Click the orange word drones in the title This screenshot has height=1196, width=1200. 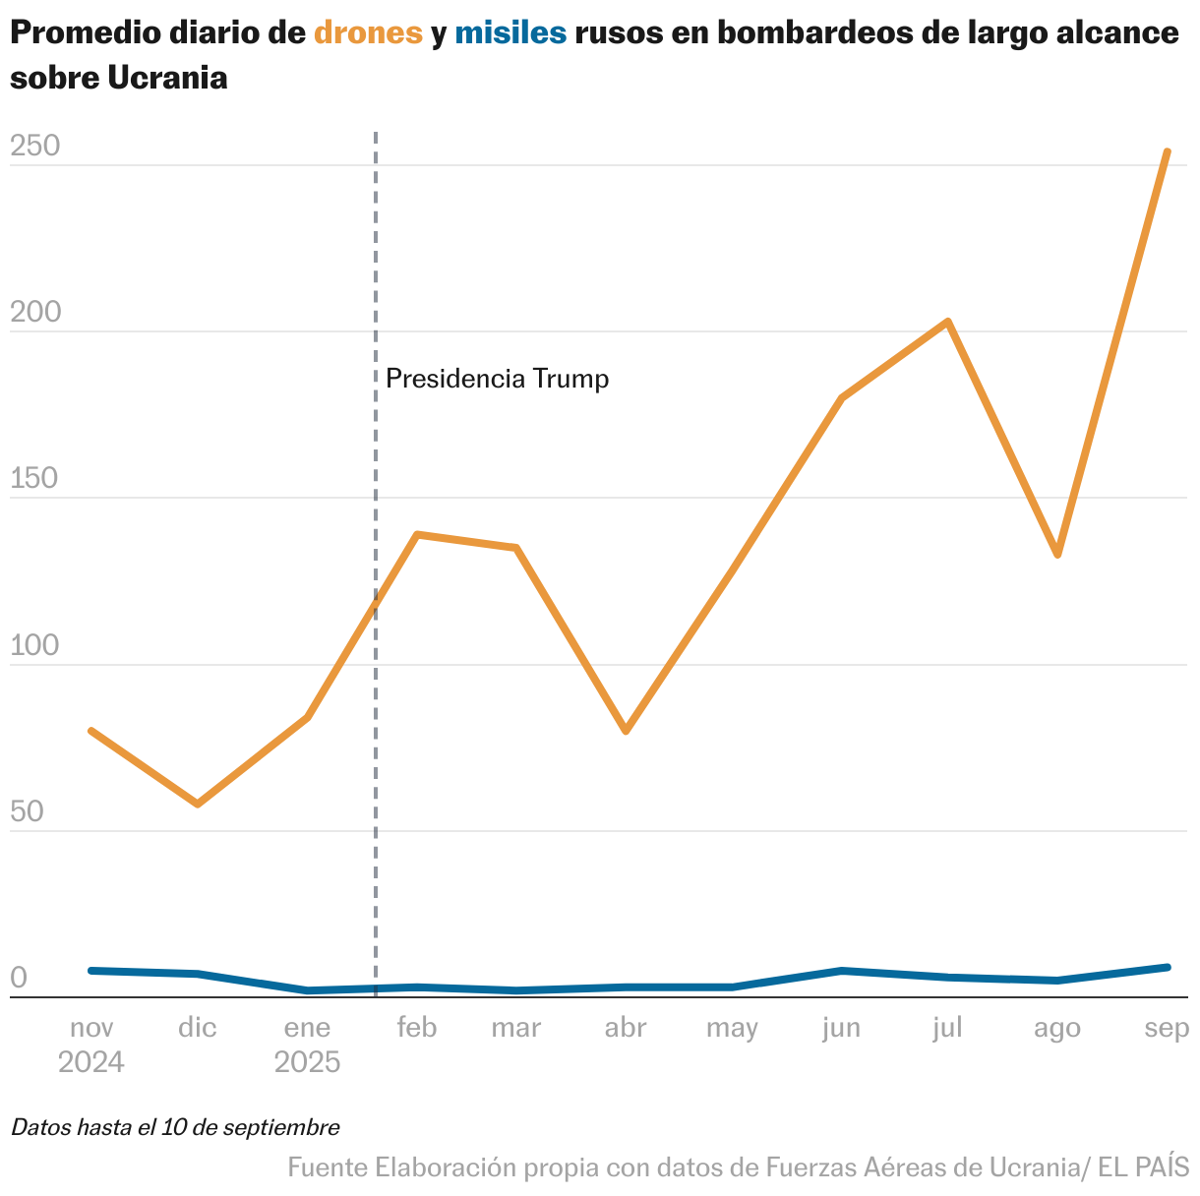[368, 33]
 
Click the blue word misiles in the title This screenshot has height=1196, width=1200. [510, 33]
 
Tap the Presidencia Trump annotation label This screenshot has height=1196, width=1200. [497, 379]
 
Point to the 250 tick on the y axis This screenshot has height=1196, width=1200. [35, 146]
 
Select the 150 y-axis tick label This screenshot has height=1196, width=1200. [35, 479]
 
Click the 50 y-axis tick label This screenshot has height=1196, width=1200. [28, 811]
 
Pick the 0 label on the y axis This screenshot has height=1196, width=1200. [19, 978]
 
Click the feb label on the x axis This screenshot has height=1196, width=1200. [416, 1028]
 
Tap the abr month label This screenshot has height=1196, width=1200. [626, 1028]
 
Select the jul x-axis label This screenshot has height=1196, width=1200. [947, 1028]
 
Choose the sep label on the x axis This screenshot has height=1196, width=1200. [1168, 1028]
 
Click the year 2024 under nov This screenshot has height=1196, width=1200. [91, 1062]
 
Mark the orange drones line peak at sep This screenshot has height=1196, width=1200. [1167, 151]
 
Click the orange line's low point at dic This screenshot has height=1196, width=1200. [198, 804]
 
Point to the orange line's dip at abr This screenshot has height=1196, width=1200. [626, 731]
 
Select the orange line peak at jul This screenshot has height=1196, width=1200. [947, 322]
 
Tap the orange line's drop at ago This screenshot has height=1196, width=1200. [1057, 555]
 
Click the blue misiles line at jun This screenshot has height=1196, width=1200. [842, 971]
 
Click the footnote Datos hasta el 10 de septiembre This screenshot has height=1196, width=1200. [175, 1127]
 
